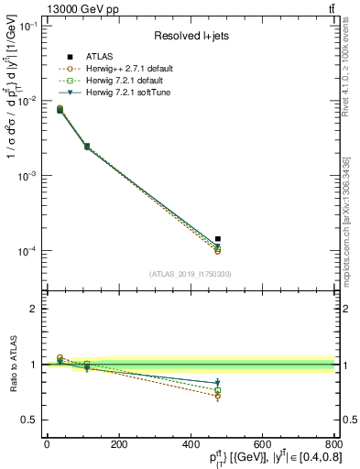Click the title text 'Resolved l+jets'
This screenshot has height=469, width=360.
coord(190,36)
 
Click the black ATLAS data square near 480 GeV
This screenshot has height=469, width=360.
coord(218,239)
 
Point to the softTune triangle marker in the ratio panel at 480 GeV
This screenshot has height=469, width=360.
coord(218,383)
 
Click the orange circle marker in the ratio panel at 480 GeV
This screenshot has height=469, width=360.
coord(218,396)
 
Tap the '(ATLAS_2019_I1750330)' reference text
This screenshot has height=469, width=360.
coord(190,273)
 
